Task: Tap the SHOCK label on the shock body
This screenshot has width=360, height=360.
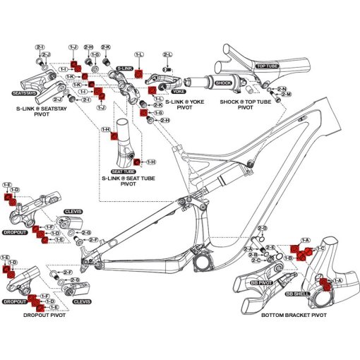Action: (222, 83)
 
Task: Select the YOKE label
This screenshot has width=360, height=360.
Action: (179, 92)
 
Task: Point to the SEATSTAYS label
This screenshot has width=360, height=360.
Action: (25, 92)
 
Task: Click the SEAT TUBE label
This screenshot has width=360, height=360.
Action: (123, 172)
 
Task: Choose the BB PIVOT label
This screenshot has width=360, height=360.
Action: (262, 282)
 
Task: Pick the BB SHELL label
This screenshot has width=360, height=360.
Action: (298, 291)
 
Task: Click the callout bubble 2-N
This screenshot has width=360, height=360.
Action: (282, 88)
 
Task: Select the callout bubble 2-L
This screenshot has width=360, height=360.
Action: (167, 54)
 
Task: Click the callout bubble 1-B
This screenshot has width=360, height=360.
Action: (288, 258)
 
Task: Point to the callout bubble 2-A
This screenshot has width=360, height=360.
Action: (248, 249)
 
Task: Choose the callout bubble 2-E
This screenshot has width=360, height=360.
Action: (270, 247)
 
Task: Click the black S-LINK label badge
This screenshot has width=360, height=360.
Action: (125, 68)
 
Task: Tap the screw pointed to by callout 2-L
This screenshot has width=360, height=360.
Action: (167, 68)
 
